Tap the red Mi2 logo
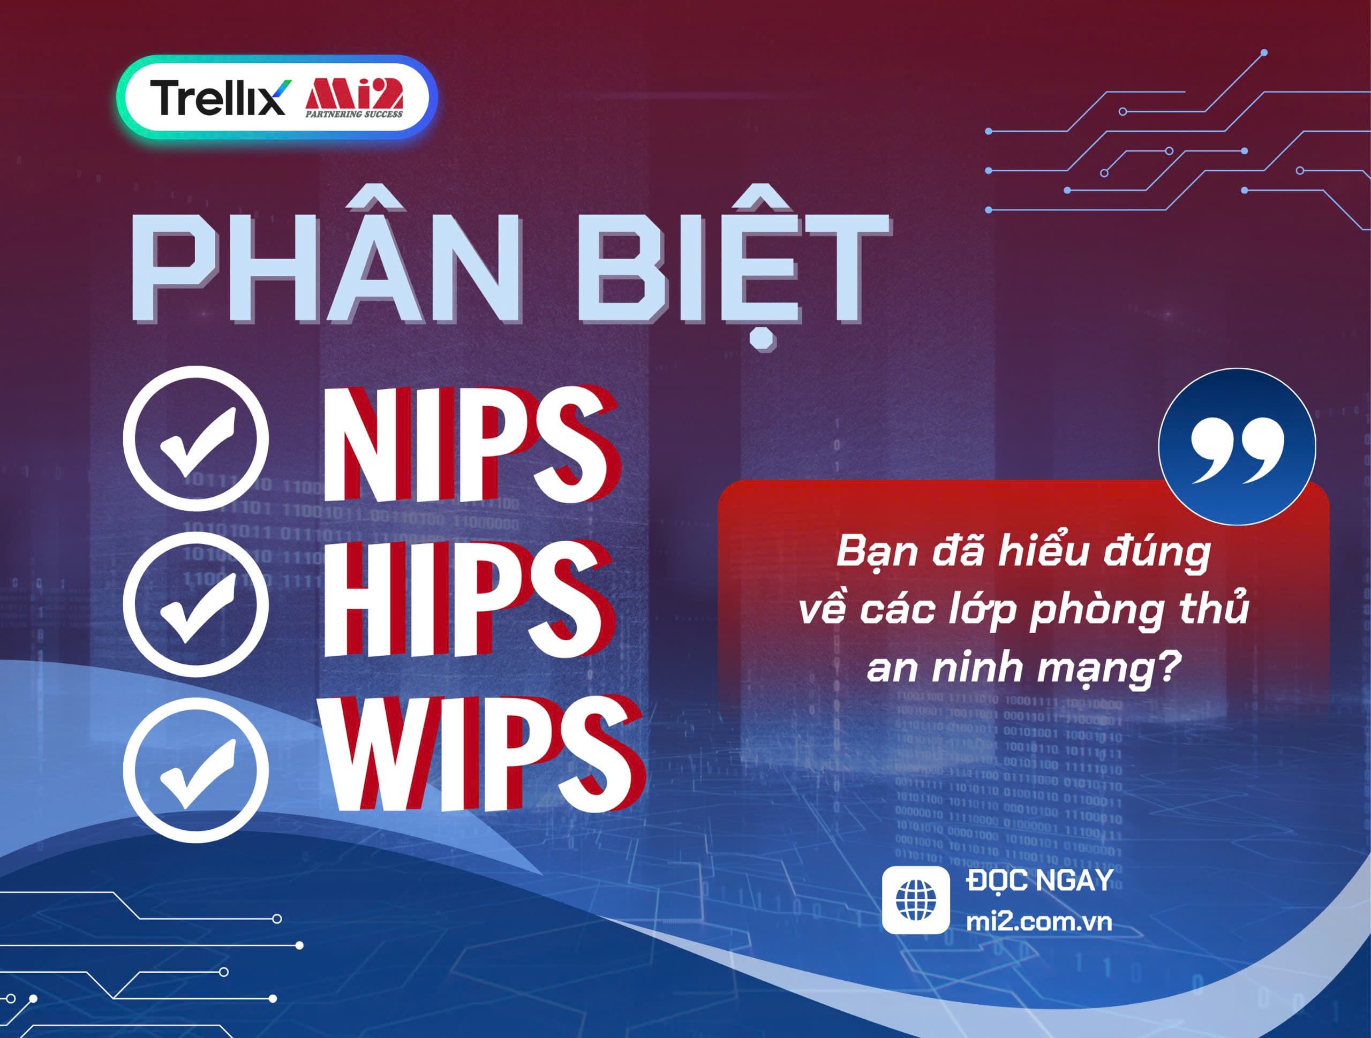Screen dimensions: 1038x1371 coord(355,94)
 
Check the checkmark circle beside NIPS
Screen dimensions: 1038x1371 coord(196,439)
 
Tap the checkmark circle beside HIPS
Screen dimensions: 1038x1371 coord(196,602)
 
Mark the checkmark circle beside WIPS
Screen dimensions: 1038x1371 coord(196,768)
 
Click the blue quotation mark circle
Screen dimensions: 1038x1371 coord(1237,446)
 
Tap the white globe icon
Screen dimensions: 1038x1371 coord(915,900)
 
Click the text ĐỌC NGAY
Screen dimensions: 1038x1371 coord(1039,881)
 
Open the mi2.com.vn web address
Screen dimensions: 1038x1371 coord(1039,921)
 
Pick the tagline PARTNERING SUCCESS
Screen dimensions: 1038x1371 coord(354,114)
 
